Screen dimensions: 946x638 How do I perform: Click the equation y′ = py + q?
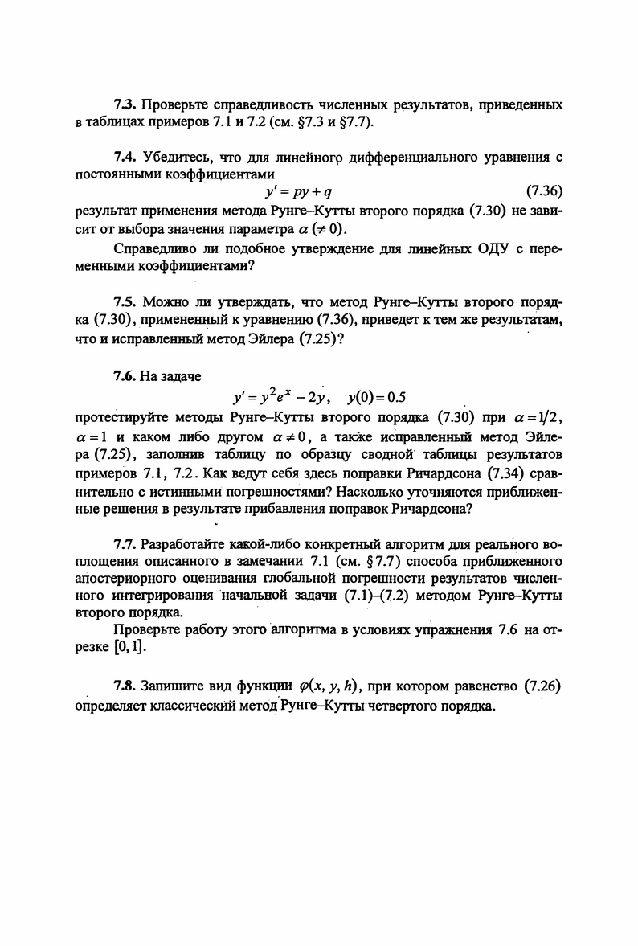pyautogui.click(x=288, y=192)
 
